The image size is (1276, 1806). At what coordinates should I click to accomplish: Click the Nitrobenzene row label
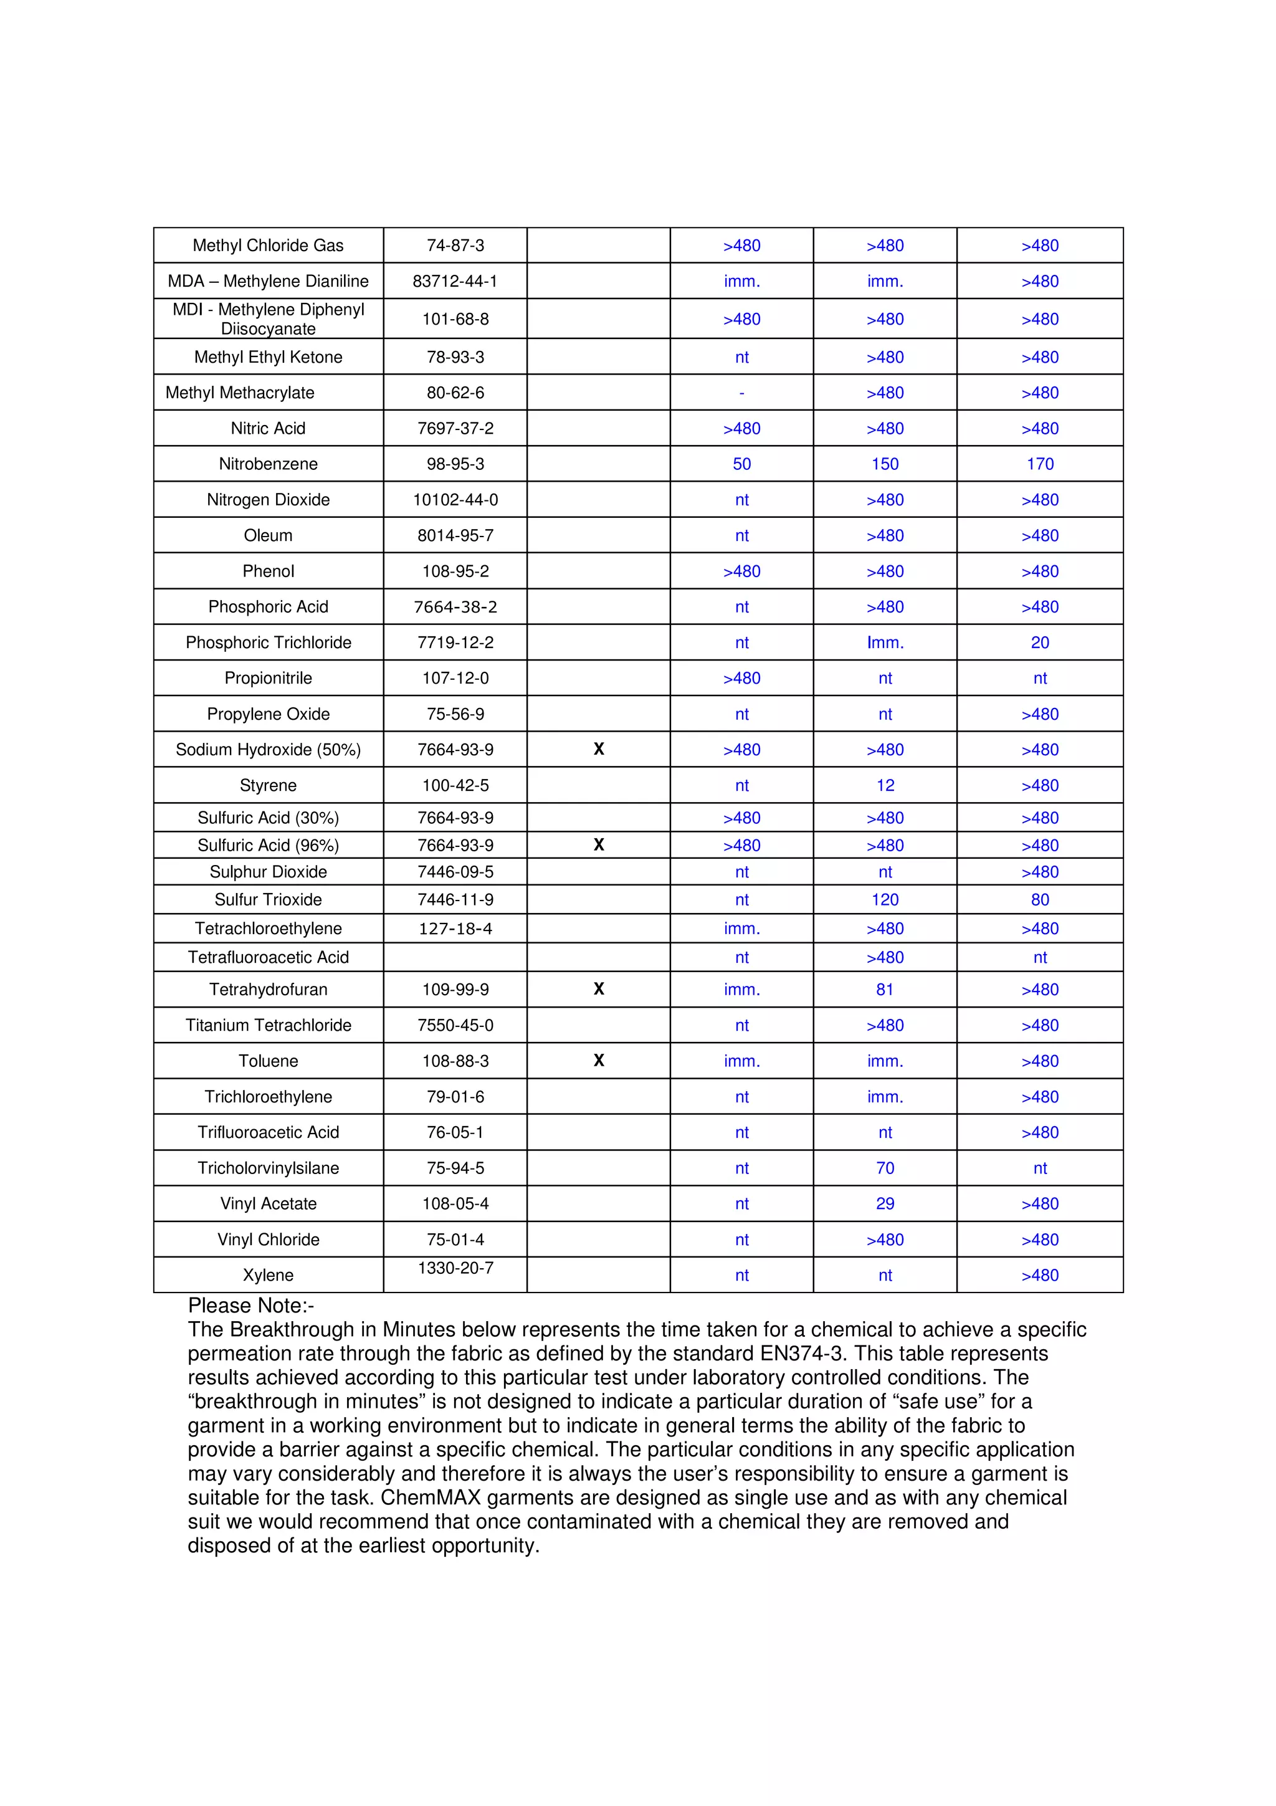click(x=268, y=464)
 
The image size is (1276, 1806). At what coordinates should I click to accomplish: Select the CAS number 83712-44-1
click(x=455, y=281)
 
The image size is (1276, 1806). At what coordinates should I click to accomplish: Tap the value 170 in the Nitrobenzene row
click(x=1039, y=464)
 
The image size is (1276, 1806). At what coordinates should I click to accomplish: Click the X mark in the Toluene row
click(x=598, y=1060)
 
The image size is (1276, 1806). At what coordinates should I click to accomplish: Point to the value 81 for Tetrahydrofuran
click(x=885, y=990)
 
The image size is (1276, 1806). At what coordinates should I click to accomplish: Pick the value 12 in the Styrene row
click(x=885, y=785)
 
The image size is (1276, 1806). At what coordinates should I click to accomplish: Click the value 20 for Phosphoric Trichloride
click(x=1039, y=643)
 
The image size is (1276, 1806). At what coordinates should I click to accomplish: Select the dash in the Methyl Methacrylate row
click(x=741, y=393)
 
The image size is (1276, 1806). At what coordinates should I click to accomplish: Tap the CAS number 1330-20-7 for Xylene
click(x=455, y=1268)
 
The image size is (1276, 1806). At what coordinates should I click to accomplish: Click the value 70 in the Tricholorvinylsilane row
click(x=885, y=1168)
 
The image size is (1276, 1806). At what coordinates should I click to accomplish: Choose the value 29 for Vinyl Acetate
click(x=885, y=1203)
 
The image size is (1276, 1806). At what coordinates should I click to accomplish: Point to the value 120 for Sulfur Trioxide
click(x=885, y=900)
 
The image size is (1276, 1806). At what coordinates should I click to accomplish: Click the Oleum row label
click(x=268, y=536)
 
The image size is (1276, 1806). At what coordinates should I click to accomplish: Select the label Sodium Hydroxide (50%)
click(x=268, y=750)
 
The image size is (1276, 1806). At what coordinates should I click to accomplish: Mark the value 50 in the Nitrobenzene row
click(x=741, y=464)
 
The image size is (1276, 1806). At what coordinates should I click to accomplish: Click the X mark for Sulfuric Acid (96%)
click(x=598, y=845)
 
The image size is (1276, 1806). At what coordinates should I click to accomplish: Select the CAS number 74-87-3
click(x=455, y=246)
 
